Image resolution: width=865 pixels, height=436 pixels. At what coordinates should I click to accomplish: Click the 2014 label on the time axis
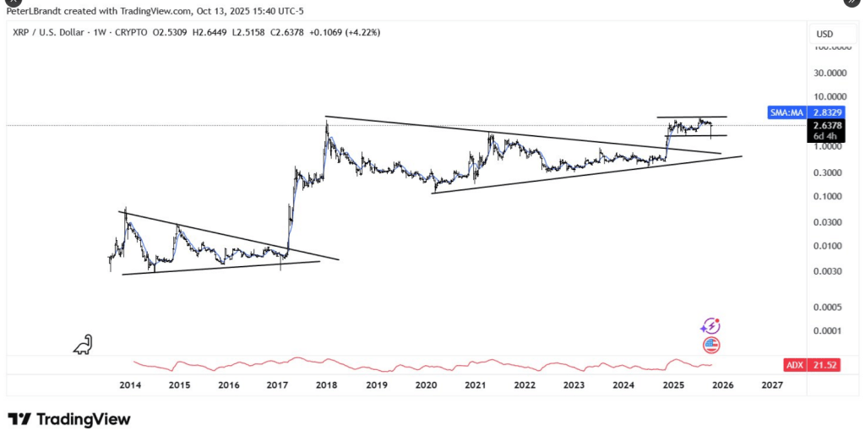coord(130,385)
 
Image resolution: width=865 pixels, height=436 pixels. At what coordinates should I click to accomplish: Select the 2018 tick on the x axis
coord(327,385)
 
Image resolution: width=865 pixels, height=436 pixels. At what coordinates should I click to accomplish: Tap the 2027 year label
coord(771,385)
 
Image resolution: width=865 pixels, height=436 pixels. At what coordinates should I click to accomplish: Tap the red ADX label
coord(794,365)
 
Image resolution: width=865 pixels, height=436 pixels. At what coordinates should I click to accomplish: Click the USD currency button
coord(824,34)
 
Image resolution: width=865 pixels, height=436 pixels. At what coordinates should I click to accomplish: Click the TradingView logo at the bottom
coord(69,419)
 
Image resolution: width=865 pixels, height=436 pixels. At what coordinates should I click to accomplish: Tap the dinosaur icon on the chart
coord(83,344)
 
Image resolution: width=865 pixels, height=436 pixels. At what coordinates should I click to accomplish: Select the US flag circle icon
coord(710,345)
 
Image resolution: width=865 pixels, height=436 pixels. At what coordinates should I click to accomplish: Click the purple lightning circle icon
coord(710,326)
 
